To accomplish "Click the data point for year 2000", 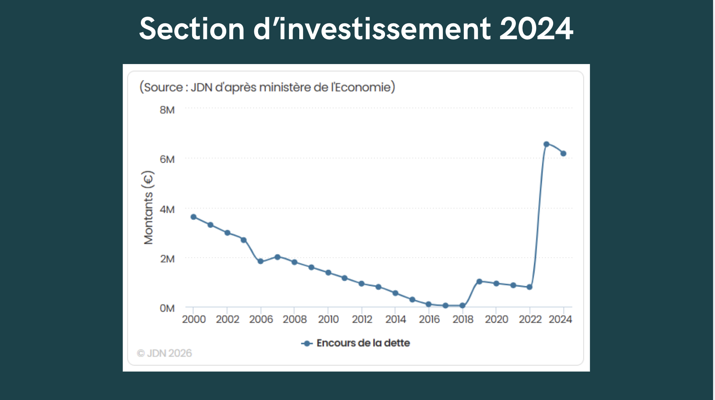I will tap(193, 217).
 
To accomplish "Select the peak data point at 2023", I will tap(547, 144).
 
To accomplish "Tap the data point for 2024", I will tap(563, 153).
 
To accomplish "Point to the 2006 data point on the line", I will tap(260, 261).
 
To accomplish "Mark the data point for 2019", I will tap(479, 282).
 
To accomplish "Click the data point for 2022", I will tap(529, 287).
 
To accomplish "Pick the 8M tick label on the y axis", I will tap(167, 110).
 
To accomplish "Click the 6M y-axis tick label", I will tap(167, 159).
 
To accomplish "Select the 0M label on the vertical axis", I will tap(167, 308).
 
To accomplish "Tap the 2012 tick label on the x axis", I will tap(362, 320).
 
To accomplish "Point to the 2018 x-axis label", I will tap(463, 320).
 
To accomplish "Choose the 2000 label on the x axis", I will tap(194, 320).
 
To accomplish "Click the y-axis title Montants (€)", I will tap(148, 208).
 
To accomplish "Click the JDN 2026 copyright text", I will tap(165, 353).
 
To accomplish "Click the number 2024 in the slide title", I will tap(536, 29).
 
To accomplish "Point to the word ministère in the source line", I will tap(285, 87).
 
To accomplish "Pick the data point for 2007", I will tap(278, 257).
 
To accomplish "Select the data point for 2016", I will tap(429, 304).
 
